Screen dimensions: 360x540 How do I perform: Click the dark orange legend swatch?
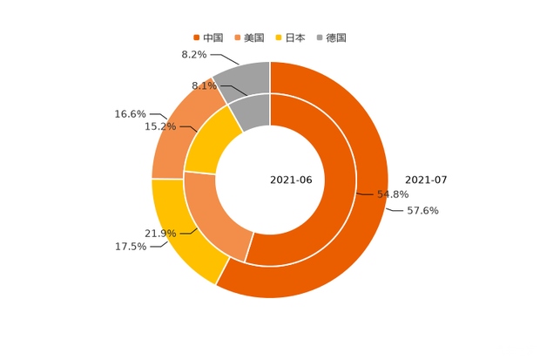point(196,37)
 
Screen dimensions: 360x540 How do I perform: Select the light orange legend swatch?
point(238,37)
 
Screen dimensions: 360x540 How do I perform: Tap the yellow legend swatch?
point(279,37)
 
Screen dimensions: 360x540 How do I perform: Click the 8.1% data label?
point(203,85)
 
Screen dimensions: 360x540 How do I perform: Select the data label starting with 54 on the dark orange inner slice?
point(392,194)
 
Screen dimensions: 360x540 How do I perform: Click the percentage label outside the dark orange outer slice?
point(423,211)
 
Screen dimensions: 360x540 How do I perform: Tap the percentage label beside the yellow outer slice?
point(130,247)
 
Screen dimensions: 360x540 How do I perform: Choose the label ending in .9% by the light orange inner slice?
point(160,233)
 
